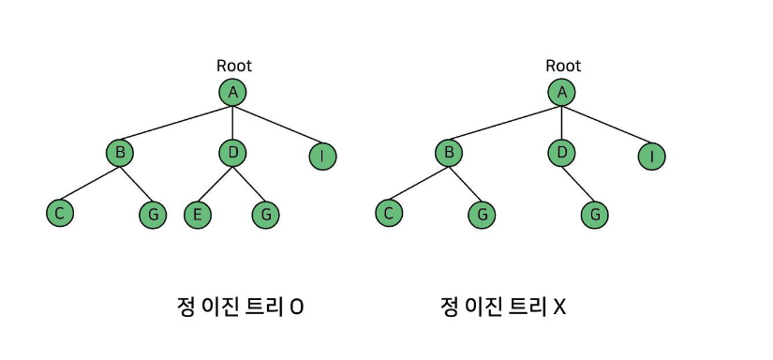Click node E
(x=197, y=215)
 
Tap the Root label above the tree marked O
(x=234, y=66)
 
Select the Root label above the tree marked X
(x=563, y=66)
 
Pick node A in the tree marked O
(x=232, y=92)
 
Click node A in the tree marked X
(x=561, y=92)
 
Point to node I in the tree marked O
(x=323, y=157)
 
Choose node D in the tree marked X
(x=561, y=153)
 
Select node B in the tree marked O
(x=120, y=153)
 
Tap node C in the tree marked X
(x=389, y=214)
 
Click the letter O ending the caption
(x=296, y=307)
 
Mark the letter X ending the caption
(x=559, y=307)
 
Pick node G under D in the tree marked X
(x=595, y=215)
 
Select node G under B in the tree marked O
(x=153, y=215)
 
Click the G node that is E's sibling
(x=266, y=215)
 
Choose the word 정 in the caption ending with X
(x=448, y=307)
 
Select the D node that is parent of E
(x=232, y=153)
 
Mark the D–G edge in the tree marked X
(x=577, y=185)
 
